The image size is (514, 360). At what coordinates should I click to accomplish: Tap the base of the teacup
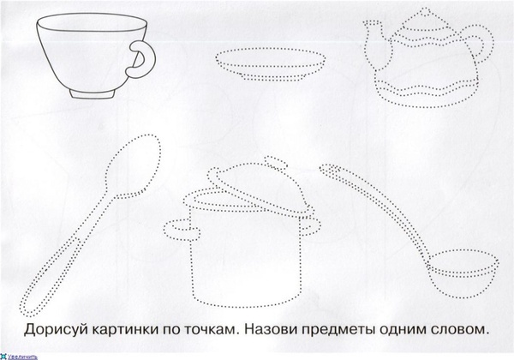[x=93, y=93]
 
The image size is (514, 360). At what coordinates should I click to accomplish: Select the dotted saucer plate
[x=271, y=64]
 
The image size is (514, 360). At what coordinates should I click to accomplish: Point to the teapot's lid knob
[x=426, y=13]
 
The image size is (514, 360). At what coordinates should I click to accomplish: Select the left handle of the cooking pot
[x=182, y=231]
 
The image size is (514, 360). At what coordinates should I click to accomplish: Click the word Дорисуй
[x=56, y=330]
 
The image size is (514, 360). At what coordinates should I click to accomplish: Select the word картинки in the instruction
[x=124, y=330]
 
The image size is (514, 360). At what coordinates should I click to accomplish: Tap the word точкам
[x=212, y=330]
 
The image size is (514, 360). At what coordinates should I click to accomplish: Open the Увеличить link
[x=22, y=357]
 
